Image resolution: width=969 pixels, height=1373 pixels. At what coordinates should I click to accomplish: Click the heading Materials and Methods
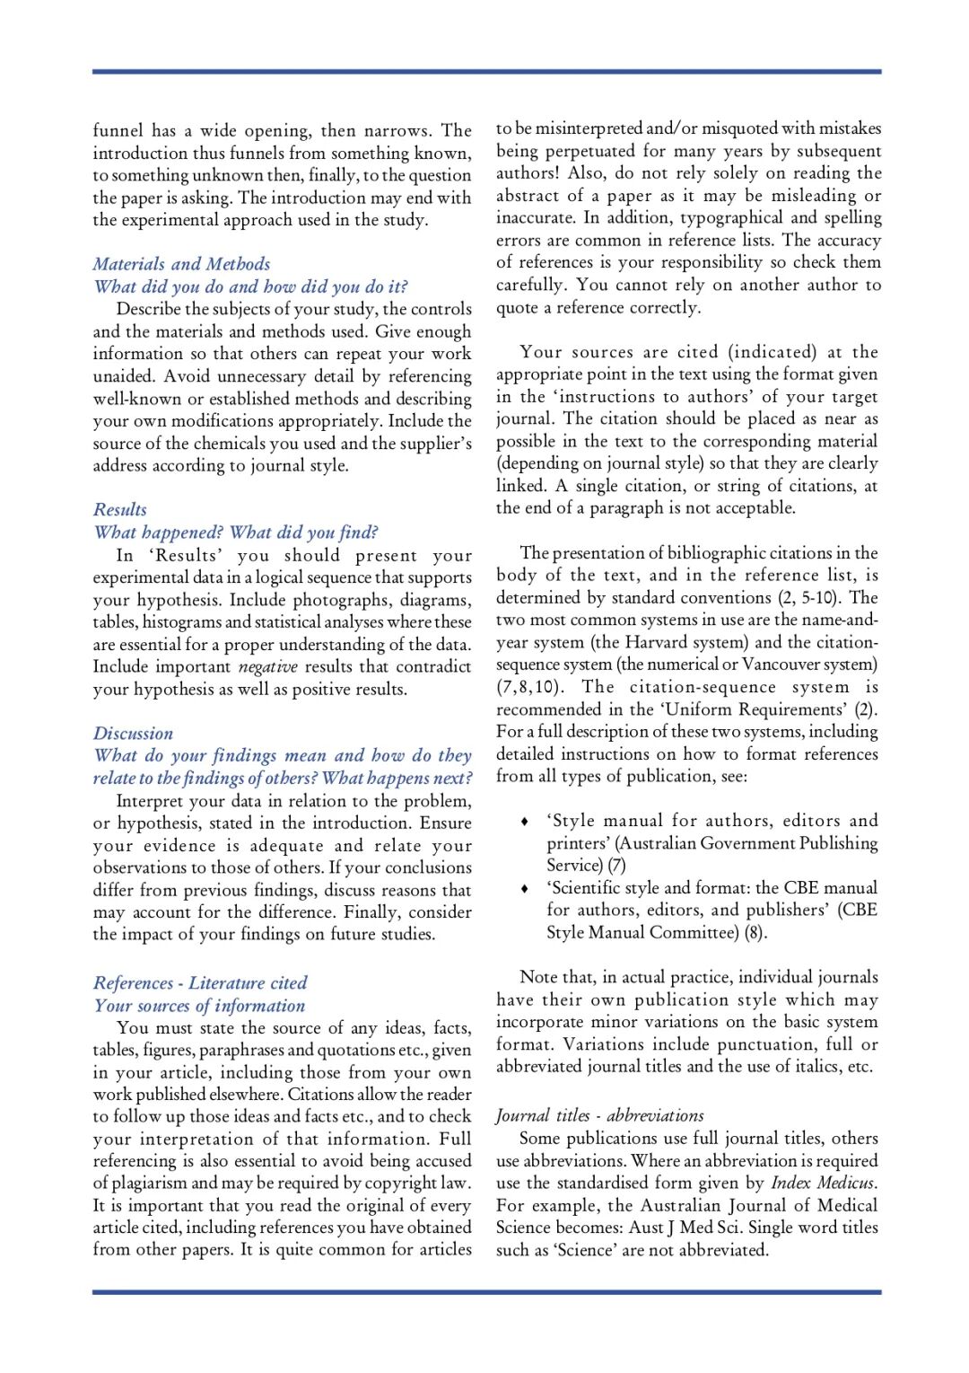pyautogui.click(x=181, y=264)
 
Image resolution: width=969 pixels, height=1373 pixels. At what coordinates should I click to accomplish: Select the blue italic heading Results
pyautogui.click(x=120, y=509)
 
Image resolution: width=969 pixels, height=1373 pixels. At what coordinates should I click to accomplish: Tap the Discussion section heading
pyautogui.click(x=133, y=734)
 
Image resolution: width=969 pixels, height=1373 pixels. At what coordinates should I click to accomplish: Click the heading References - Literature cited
pyautogui.click(x=200, y=982)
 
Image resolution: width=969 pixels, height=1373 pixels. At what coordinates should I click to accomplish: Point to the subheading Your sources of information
pyautogui.click(x=199, y=1006)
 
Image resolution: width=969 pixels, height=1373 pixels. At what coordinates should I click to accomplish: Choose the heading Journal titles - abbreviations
pyautogui.click(x=599, y=1115)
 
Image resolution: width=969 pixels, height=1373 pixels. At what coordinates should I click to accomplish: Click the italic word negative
pyautogui.click(x=267, y=667)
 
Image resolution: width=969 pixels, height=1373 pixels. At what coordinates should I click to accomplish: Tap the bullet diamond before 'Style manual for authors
pyautogui.click(x=524, y=821)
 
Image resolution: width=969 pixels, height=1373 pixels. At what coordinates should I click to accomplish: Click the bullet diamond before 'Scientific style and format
pyautogui.click(x=524, y=888)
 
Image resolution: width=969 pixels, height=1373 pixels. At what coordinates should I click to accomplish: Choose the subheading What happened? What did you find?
pyautogui.click(x=236, y=532)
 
